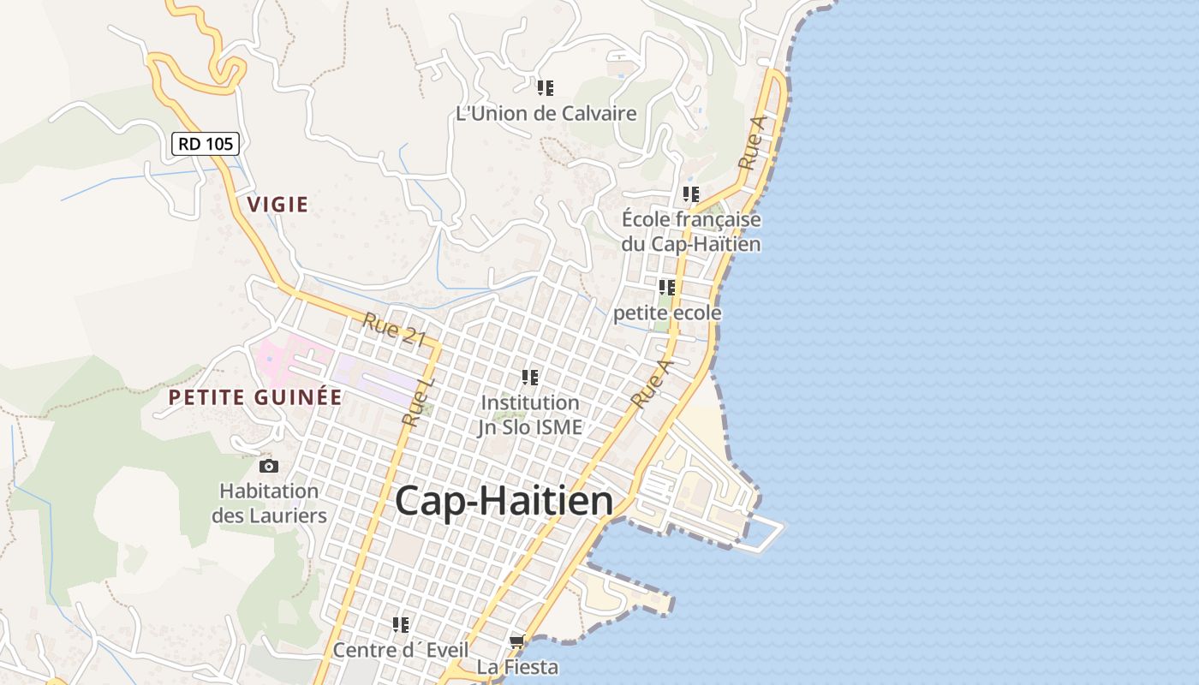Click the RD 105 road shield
point(206,143)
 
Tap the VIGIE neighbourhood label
point(277,204)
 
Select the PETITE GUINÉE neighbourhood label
point(255,397)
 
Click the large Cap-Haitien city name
point(504,501)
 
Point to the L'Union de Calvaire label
point(546,113)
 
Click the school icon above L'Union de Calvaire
point(546,87)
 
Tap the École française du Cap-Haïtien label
point(691,231)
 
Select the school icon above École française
point(691,194)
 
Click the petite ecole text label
point(667,313)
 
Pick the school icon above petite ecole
point(666,288)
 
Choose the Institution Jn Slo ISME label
point(530,414)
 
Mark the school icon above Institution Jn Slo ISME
point(530,377)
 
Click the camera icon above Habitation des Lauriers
point(269,466)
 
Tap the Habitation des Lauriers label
point(269,503)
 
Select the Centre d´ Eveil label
point(401,650)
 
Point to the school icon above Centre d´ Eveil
point(401,625)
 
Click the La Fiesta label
point(517,666)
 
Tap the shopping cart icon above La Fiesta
point(517,641)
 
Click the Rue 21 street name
point(394,329)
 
